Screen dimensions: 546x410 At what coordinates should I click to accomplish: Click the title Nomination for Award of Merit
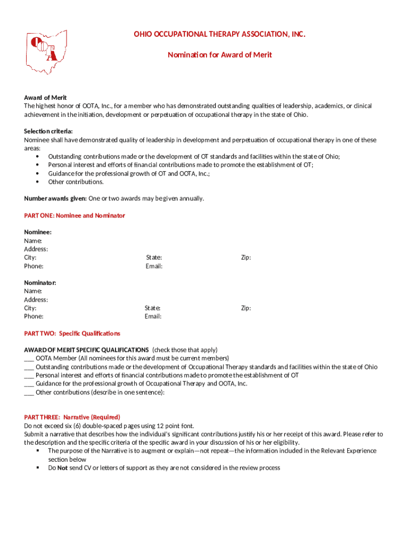point(219,54)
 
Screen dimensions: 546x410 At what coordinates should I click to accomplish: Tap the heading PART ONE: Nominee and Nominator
point(75,215)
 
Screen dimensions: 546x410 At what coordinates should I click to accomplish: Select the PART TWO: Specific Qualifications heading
point(72,333)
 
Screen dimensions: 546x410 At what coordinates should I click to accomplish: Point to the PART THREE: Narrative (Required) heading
point(72,417)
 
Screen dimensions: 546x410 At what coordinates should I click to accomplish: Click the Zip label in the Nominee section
point(245,258)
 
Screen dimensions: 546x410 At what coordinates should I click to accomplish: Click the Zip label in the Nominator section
point(245,308)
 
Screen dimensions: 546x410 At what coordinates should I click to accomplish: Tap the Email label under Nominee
point(154,266)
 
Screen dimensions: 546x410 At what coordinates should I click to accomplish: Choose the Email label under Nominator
point(153,317)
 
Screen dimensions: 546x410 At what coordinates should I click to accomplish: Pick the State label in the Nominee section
point(154,258)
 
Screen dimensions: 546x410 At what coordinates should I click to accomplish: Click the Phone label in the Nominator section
point(34,317)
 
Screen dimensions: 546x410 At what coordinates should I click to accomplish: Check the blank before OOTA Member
point(29,358)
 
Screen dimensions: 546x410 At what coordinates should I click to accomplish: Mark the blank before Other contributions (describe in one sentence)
point(29,392)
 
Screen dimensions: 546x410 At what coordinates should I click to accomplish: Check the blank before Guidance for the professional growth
point(29,384)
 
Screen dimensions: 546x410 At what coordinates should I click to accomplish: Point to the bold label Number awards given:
point(55,198)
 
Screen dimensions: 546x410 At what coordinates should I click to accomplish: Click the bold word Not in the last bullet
point(62,468)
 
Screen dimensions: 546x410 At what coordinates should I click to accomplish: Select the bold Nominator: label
point(40,283)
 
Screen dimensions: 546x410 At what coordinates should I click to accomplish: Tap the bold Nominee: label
point(38,232)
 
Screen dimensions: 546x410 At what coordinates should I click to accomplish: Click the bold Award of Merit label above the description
point(45,98)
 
